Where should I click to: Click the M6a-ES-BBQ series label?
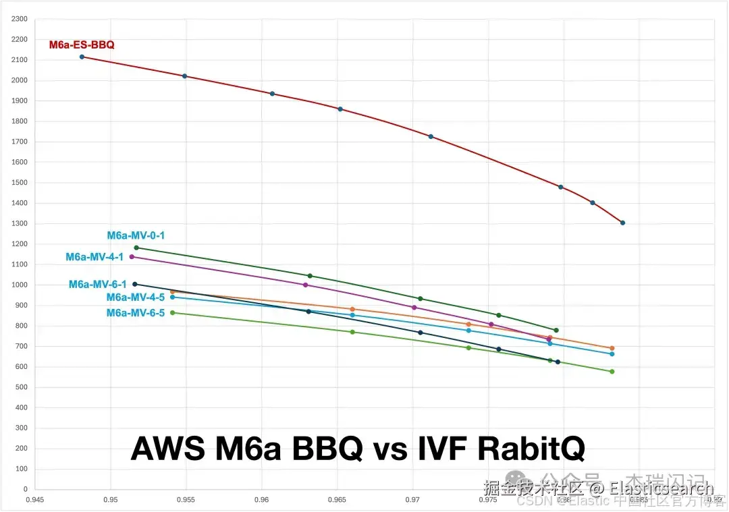tap(82, 45)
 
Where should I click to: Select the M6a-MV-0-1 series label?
tap(136, 235)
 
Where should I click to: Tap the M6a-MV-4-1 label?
tap(94, 257)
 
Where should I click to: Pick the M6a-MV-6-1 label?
tap(97, 285)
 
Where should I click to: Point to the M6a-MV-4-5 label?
tap(136, 297)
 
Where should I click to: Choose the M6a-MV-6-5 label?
tap(136, 313)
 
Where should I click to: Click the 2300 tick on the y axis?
tap(20, 19)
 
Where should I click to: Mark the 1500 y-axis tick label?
tap(20, 183)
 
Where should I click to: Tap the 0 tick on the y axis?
tap(25, 489)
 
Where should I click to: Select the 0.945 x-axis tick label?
tap(35, 500)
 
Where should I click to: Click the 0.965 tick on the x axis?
tap(337, 500)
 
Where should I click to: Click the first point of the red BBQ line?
tap(82, 57)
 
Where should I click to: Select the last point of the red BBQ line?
tap(622, 223)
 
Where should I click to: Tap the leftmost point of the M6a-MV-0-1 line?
tap(136, 248)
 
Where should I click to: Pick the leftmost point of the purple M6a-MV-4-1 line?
tap(132, 256)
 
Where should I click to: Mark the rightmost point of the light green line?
tap(612, 372)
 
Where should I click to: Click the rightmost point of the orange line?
tap(612, 348)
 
